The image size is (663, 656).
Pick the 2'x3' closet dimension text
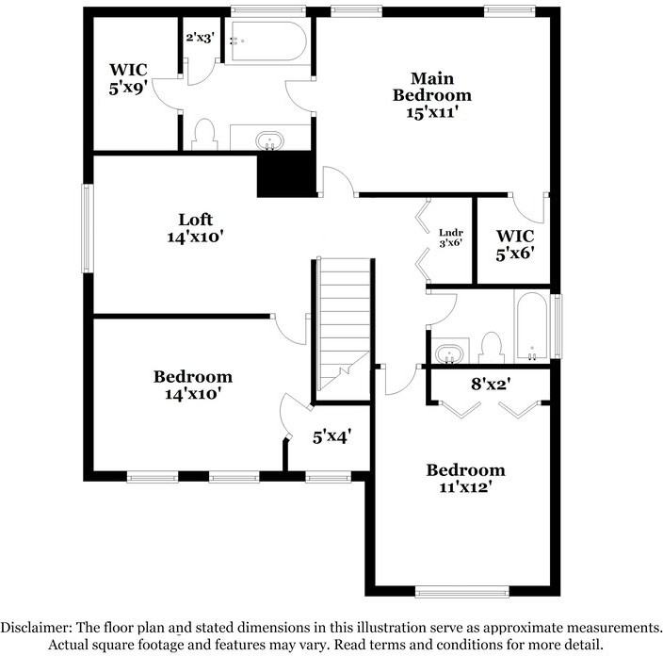click(200, 38)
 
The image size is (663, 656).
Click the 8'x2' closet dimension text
click(489, 384)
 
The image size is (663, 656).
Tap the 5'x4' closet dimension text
click(331, 436)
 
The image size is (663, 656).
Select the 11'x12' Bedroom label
click(465, 479)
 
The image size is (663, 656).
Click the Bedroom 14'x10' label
click(192, 385)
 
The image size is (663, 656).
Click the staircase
click(342, 320)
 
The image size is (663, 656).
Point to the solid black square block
click(286, 174)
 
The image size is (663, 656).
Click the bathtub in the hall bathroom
click(532, 326)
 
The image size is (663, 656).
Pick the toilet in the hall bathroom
click(490, 347)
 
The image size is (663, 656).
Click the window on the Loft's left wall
click(87, 229)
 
